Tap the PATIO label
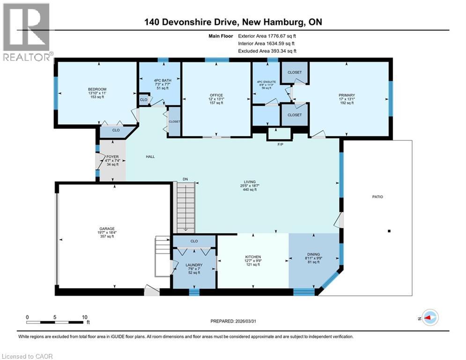tap(377, 197)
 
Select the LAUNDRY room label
tap(194, 265)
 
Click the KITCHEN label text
tap(253, 257)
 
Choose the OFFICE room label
tap(216, 95)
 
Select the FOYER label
tap(112, 157)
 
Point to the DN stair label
tap(185, 179)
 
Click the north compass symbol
tap(430, 317)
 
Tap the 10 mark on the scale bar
tap(85, 317)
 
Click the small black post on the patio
tap(389, 231)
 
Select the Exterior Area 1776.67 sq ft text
tap(267, 36)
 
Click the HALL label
tap(150, 157)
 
